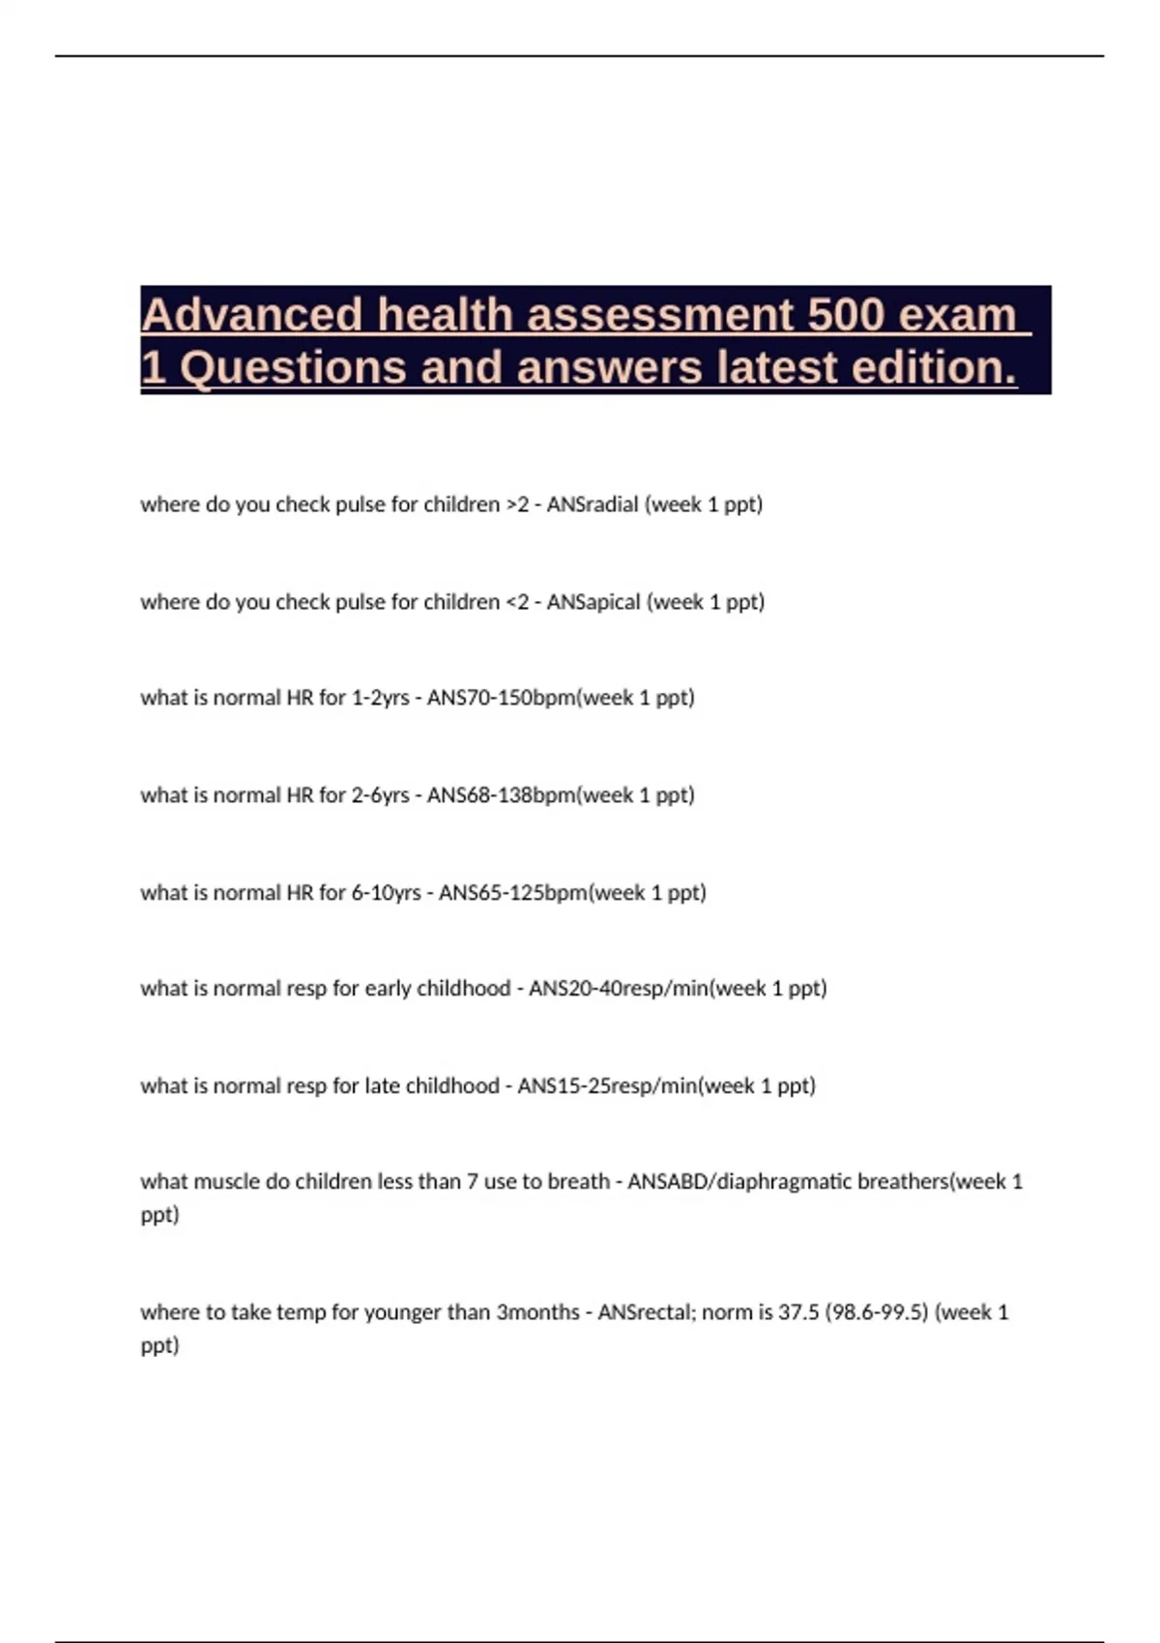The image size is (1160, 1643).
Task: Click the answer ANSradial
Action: click(x=593, y=504)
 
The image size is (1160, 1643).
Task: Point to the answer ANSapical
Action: click(x=594, y=602)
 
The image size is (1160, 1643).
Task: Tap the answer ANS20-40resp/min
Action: click(x=619, y=989)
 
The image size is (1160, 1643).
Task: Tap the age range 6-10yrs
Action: click(x=387, y=893)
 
